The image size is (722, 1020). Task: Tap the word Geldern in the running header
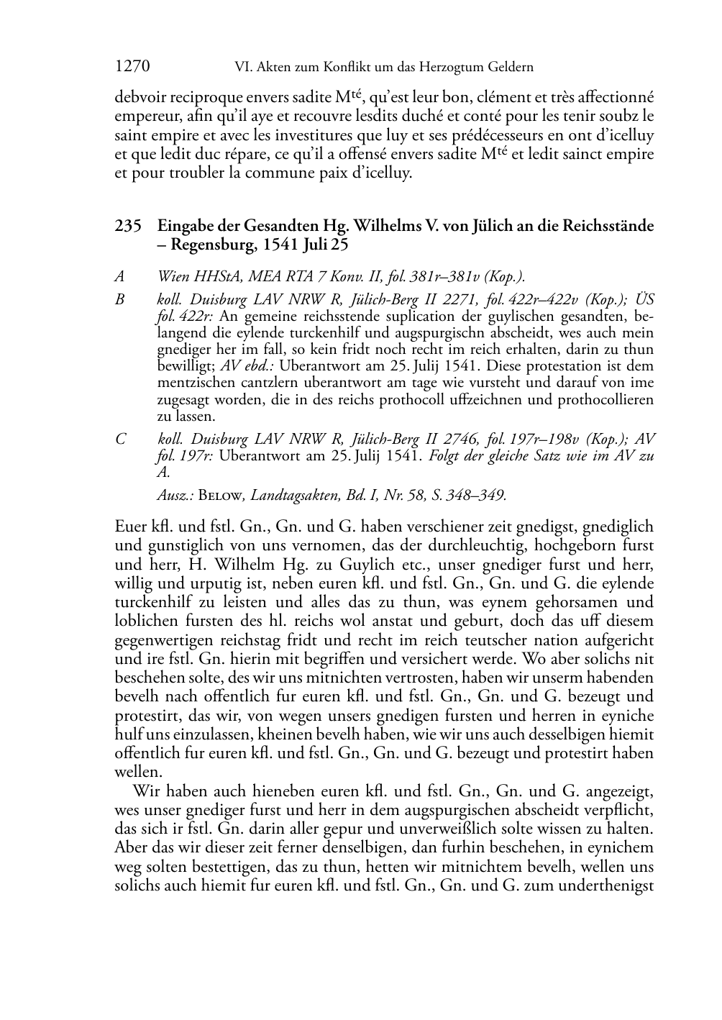[511, 68]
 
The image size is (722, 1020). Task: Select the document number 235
[127, 226]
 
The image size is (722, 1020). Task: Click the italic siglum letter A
[119, 276]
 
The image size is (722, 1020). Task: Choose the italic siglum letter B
[119, 299]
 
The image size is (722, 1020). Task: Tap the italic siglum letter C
[120, 439]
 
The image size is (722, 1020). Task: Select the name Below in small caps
[219, 495]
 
